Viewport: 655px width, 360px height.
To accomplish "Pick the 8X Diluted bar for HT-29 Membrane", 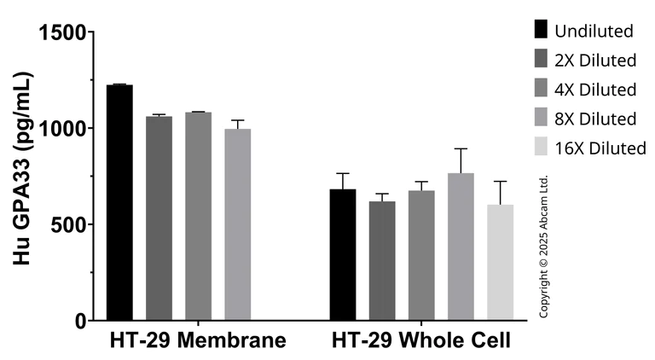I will [x=237, y=225].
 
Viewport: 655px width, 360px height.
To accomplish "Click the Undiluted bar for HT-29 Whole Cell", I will [x=343, y=255].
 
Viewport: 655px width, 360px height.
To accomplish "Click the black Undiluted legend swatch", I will [x=541, y=30].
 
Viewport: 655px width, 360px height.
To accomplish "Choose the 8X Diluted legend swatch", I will [x=541, y=118].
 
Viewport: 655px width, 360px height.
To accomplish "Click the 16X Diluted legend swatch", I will [x=541, y=147].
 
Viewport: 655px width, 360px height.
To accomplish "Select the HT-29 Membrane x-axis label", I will [x=197, y=340].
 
